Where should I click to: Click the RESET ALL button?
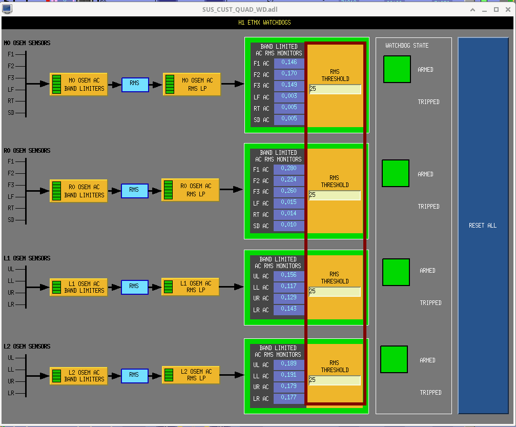point(483,226)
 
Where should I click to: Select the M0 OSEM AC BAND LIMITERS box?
point(78,85)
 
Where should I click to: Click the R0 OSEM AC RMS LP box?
point(190,190)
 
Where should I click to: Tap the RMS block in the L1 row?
point(135,287)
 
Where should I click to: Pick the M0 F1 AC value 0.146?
point(289,62)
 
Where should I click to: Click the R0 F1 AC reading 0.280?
point(288,168)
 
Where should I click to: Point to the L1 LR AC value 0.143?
point(288,309)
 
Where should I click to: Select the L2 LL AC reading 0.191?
point(288,375)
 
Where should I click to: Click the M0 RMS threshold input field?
point(335,89)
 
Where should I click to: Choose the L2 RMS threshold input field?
point(335,380)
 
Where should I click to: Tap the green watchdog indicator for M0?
point(397,69)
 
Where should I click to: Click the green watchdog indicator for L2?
point(394,359)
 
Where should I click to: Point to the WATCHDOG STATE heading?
point(407,46)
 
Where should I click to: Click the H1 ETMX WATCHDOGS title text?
point(264,23)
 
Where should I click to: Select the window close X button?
point(508,10)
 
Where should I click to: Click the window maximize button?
point(496,10)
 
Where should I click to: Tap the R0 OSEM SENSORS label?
point(27,151)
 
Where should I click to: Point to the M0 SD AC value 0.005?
point(289,118)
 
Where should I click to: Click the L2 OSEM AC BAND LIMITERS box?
point(78,376)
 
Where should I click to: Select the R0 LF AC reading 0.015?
point(288,202)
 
